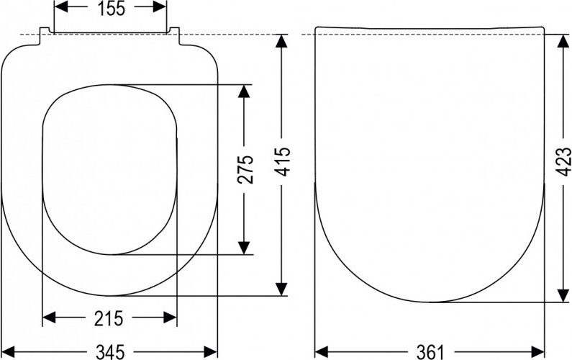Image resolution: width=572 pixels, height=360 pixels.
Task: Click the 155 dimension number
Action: [x=112, y=8]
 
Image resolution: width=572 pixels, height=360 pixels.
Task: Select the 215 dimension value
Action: [x=109, y=319]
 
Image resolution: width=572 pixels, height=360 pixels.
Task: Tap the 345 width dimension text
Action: [x=110, y=352]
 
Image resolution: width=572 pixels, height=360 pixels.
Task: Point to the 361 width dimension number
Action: [x=430, y=352]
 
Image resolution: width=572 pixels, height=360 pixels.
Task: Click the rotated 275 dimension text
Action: [x=245, y=169]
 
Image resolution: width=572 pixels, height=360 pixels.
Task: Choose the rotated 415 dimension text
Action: [x=282, y=162]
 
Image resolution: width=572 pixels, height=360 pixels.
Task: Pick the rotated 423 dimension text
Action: [x=563, y=162]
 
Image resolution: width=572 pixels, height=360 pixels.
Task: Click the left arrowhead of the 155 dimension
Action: [x=61, y=6]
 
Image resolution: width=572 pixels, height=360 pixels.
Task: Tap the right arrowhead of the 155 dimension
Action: [x=160, y=6]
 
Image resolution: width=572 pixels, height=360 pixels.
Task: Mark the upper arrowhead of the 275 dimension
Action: [x=244, y=91]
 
